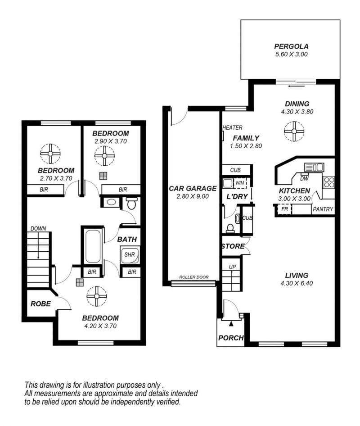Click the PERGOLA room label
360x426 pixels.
pyautogui.click(x=291, y=46)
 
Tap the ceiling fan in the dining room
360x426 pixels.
pyautogui.click(x=294, y=131)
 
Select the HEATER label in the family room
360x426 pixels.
pyautogui.click(x=232, y=127)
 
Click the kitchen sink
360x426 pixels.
pyautogui.click(x=314, y=167)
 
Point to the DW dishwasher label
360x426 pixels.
pyautogui.click(x=304, y=178)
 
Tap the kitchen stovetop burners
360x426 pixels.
pyautogui.click(x=329, y=182)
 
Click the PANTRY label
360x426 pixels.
pyautogui.click(x=323, y=209)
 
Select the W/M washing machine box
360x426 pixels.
pyautogui.click(x=240, y=183)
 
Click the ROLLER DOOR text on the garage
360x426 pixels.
pyautogui.click(x=194, y=277)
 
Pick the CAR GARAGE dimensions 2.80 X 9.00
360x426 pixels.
pyautogui.click(x=193, y=196)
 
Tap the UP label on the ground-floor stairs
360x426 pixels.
pyautogui.click(x=232, y=267)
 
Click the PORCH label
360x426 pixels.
pyautogui.click(x=231, y=338)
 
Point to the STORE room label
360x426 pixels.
pyautogui.click(x=233, y=246)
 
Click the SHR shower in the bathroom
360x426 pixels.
pyautogui.click(x=130, y=255)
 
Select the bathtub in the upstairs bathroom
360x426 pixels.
pyautogui.click(x=93, y=246)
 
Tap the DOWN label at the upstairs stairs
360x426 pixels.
pyautogui.click(x=38, y=228)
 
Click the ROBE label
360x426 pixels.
pyautogui.click(x=40, y=304)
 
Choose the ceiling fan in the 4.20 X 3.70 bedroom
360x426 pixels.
pyautogui.click(x=97, y=296)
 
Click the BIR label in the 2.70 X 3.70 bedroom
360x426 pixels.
pyautogui.click(x=44, y=190)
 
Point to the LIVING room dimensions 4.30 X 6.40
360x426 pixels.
pyautogui.click(x=297, y=283)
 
